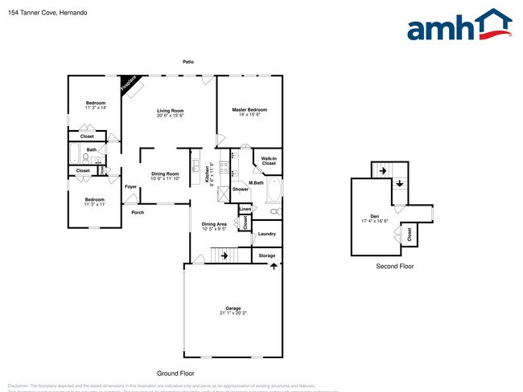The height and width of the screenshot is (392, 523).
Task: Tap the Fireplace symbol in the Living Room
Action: coord(130,85)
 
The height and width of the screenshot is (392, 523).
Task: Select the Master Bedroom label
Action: coord(249,109)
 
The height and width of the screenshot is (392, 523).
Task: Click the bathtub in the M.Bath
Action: coord(274,191)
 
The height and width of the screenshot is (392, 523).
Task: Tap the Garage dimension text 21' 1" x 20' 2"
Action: coord(233,312)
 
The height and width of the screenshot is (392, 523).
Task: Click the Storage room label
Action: coord(266,255)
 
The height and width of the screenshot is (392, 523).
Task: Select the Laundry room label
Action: coord(266,234)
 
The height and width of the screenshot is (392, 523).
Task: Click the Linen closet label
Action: coord(245,209)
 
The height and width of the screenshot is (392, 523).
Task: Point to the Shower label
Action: coord(240,190)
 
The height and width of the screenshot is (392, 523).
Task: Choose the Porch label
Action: coord(138,212)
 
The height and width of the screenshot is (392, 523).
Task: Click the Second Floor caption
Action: coord(394,266)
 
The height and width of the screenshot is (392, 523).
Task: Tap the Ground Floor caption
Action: coord(175,373)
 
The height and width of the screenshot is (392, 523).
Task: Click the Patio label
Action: coord(187,61)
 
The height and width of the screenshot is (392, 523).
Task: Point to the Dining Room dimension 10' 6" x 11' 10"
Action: coord(170,178)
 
